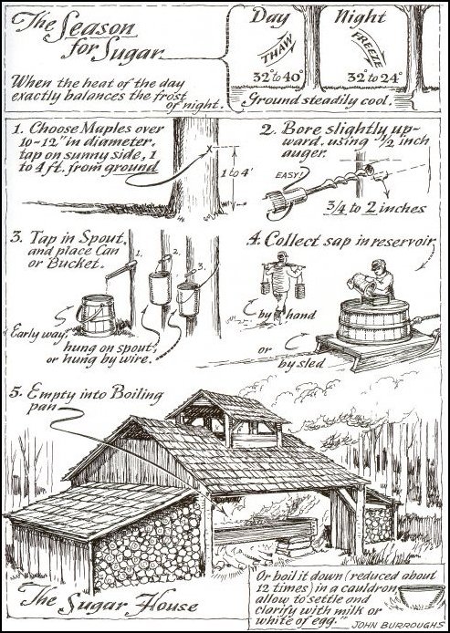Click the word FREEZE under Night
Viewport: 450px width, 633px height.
368,49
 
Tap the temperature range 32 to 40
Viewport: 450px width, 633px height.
278,77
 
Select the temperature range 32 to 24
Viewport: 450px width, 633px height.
375,77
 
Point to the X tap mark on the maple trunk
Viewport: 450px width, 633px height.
209,150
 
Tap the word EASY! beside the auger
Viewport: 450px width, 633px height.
288,175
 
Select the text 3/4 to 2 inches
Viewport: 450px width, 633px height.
374,208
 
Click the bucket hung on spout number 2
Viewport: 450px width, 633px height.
160,285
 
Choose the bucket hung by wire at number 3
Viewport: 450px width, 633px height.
188,299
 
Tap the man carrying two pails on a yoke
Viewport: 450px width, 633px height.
282,285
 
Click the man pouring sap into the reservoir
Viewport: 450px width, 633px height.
376,280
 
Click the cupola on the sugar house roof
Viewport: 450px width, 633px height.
228,418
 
